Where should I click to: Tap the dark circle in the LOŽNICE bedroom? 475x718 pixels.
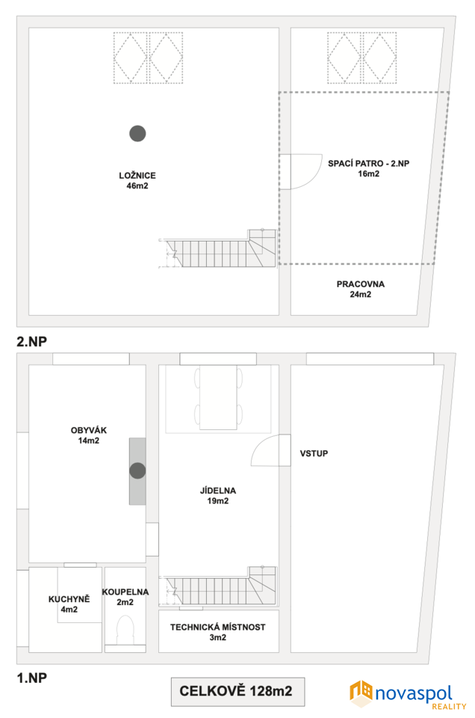coord(137,134)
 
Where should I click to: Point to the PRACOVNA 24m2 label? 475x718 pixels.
coord(360,289)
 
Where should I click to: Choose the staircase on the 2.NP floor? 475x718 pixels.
coord(217,248)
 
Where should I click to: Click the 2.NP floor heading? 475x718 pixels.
coord(31,341)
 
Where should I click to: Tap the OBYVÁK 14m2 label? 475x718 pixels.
coord(89,435)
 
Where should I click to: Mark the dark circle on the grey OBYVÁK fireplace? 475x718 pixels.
coord(137,470)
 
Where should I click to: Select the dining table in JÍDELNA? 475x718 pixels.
coord(219,397)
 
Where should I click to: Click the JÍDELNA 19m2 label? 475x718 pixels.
coord(218,495)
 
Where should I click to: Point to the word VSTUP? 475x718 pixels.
coord(314,453)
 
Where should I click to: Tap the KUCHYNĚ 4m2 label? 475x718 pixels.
coord(69,604)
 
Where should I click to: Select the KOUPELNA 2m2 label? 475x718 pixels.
coord(125,597)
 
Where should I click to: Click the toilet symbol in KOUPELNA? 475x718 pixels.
coord(125,630)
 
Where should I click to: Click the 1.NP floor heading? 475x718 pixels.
coord(31,678)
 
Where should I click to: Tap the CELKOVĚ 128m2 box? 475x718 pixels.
coord(237,692)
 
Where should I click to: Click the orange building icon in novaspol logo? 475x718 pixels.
coord(361,693)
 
